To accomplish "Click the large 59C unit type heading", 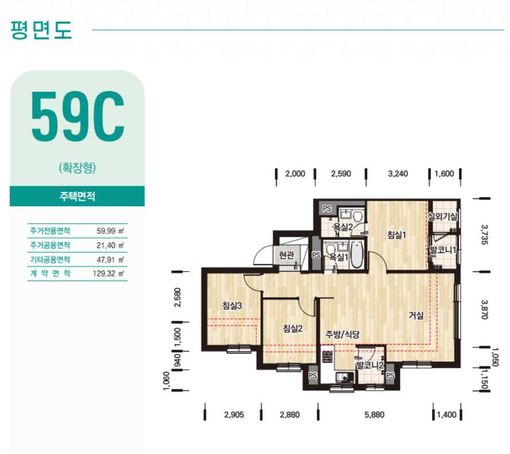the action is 77,116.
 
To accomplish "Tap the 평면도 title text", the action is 41,30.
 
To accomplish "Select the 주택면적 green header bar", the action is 77,196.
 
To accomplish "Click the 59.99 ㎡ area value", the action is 110,231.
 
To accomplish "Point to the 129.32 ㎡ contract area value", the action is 108,273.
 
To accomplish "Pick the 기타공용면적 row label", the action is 50,259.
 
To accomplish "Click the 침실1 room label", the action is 397,234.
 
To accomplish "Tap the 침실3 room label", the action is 232,306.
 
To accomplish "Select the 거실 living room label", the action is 416,315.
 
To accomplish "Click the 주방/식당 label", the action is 343,334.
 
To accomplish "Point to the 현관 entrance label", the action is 287,255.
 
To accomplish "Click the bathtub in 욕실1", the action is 356,255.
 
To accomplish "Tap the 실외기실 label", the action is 442,216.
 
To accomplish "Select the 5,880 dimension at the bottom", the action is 374,414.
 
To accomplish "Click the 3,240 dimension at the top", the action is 398,174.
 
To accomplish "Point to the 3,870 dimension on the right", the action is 484,310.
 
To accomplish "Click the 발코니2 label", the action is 370,365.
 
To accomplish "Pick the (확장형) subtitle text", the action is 77,167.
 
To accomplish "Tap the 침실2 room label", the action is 293,328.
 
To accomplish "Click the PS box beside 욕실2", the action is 327,209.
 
